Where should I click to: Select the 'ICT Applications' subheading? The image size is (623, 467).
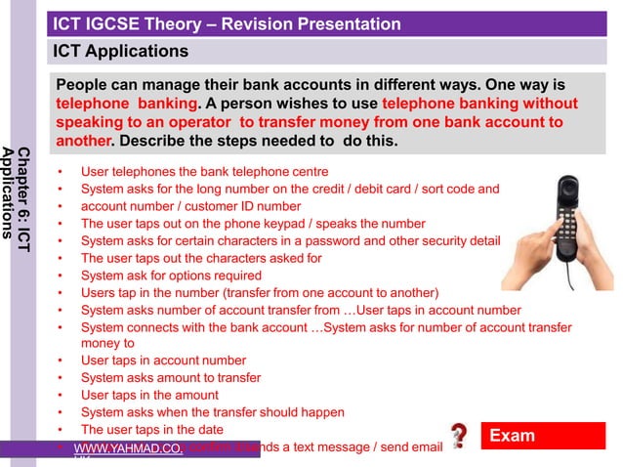point(120,51)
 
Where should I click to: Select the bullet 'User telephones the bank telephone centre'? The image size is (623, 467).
point(204,171)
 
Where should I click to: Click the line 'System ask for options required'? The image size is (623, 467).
point(172,276)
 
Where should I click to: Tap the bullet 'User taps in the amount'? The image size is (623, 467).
point(149,395)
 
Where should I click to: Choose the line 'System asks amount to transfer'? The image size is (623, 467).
point(171,377)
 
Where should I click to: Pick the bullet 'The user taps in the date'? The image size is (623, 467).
point(151,429)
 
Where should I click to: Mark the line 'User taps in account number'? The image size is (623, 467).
point(163,361)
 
